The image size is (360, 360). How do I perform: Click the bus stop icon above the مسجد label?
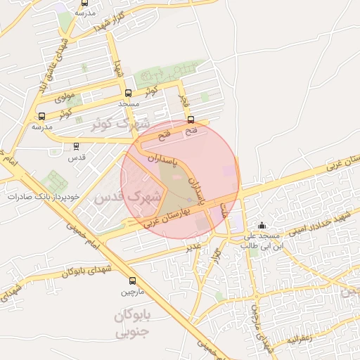[x=128, y=93]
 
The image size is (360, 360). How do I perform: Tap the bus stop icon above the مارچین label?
[x=132, y=281]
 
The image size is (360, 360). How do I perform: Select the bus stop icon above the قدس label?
[x=76, y=146]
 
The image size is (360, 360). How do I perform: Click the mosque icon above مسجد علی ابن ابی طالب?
[x=262, y=225]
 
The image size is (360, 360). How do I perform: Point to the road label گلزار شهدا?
[x=109, y=20]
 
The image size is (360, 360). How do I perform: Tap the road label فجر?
[x=185, y=103]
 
